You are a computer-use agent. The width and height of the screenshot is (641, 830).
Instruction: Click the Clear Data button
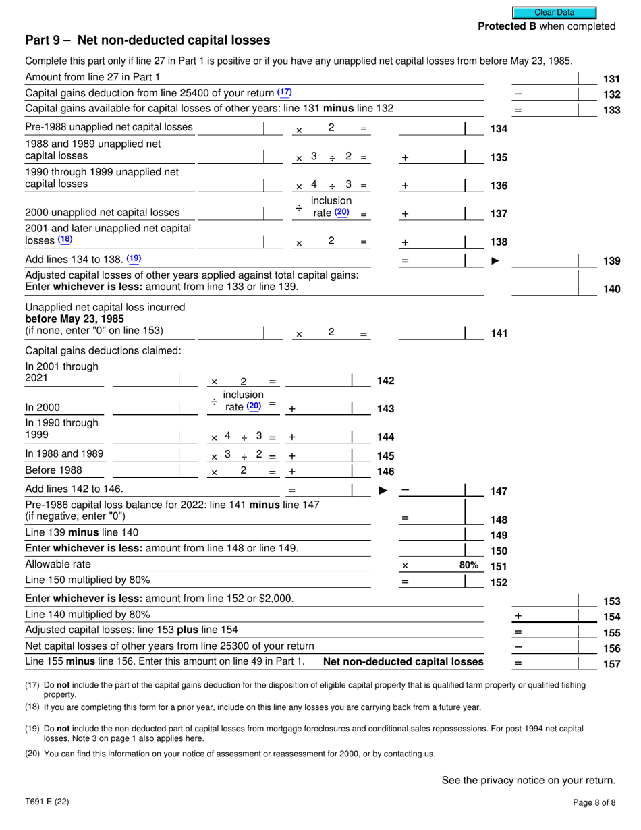554,12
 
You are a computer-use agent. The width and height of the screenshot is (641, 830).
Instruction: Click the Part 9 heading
147,40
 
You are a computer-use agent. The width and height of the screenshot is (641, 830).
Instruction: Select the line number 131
611,78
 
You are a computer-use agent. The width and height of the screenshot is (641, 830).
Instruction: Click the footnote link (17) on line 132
285,92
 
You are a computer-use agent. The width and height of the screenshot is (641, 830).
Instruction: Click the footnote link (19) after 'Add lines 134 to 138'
134,258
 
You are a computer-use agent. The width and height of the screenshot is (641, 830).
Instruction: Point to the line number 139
611,261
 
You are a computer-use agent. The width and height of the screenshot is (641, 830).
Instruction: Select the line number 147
498,491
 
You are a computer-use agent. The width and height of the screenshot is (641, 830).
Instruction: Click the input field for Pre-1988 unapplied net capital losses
229,128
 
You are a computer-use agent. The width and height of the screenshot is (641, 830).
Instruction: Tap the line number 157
611,664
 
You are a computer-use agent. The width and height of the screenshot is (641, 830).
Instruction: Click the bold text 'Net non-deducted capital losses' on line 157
403,662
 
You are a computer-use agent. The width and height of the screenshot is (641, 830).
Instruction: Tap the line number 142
385,381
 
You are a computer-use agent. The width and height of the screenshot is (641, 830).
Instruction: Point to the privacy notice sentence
528,781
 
